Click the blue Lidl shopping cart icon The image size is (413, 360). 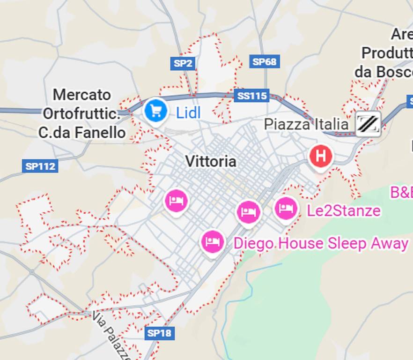pyautogui.click(x=155, y=111)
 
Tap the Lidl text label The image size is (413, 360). pyautogui.click(x=188, y=112)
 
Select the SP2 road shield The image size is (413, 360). pyautogui.click(x=183, y=63)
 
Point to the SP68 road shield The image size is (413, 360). pyautogui.click(x=265, y=61)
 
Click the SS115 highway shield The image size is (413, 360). pyautogui.click(x=251, y=96)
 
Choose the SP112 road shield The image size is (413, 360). pyautogui.click(x=40, y=166)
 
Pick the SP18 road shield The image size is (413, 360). pyautogui.click(x=159, y=333)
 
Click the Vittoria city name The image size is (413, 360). pyautogui.click(x=211, y=161)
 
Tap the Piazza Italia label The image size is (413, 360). pyautogui.click(x=306, y=125)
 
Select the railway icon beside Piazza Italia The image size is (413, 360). pyautogui.click(x=368, y=124)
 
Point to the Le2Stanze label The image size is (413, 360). pyautogui.click(x=343, y=211)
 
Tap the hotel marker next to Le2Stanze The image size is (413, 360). pyautogui.click(x=286, y=208)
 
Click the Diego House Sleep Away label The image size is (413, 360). pyautogui.click(x=321, y=244)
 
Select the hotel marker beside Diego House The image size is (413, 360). pyautogui.click(x=213, y=242)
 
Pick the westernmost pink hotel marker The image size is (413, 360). pyautogui.click(x=176, y=201)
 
